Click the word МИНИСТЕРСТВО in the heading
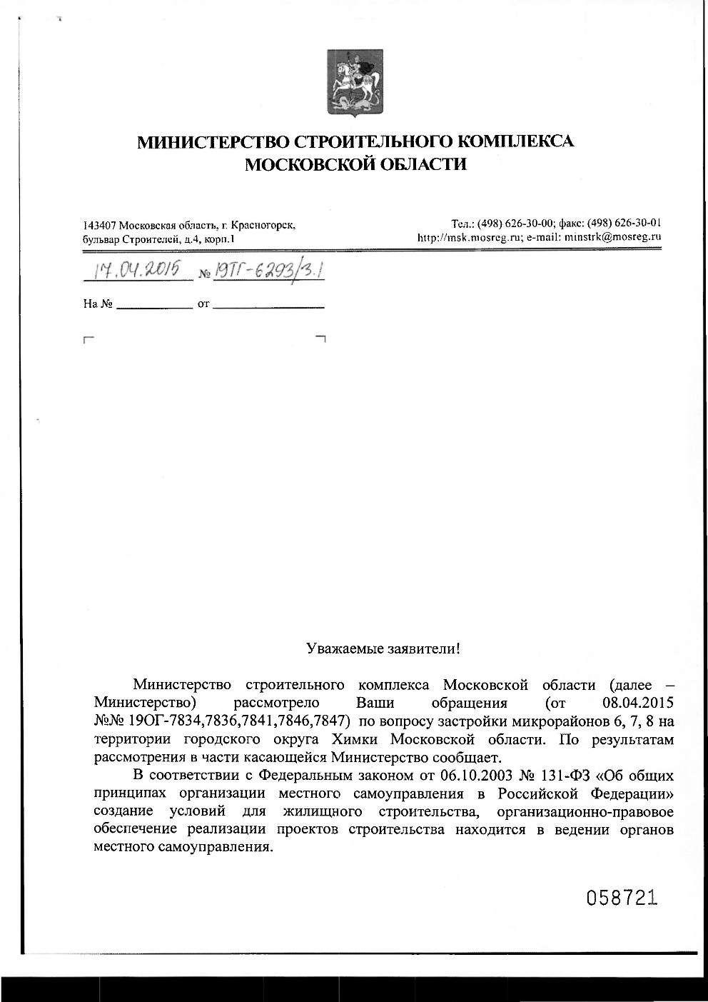pos(211,141)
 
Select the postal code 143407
pos(100,226)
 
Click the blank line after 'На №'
pos(154,305)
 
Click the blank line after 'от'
pos(268,305)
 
